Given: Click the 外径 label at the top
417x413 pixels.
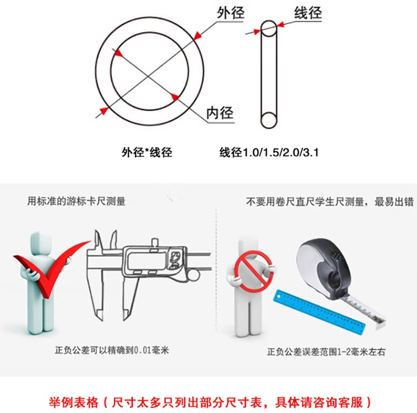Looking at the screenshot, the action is [x=231, y=13].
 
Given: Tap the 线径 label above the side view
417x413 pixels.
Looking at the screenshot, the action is [x=308, y=13].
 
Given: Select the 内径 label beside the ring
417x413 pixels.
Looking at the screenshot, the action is [x=220, y=113].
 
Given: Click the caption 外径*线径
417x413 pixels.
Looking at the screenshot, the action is [x=147, y=152].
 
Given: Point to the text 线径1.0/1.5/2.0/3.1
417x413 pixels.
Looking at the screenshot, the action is [x=269, y=152].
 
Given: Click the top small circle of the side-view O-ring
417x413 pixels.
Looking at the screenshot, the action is [x=269, y=28].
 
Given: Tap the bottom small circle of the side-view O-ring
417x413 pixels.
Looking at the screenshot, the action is [x=269, y=120].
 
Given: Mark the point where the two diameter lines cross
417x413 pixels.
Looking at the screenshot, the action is [x=148, y=76].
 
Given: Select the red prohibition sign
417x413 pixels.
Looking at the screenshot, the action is [x=253, y=271].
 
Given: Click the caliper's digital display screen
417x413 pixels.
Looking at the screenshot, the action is [x=147, y=260].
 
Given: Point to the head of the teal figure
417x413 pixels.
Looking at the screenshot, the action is [x=41, y=243].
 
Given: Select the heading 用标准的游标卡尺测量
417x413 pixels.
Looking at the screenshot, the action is [x=77, y=201].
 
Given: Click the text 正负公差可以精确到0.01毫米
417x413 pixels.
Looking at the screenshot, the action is [x=112, y=350].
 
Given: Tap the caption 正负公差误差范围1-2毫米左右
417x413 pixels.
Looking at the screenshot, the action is [x=326, y=352].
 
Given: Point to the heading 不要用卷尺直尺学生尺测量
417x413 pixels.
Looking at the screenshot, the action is [x=305, y=201].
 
